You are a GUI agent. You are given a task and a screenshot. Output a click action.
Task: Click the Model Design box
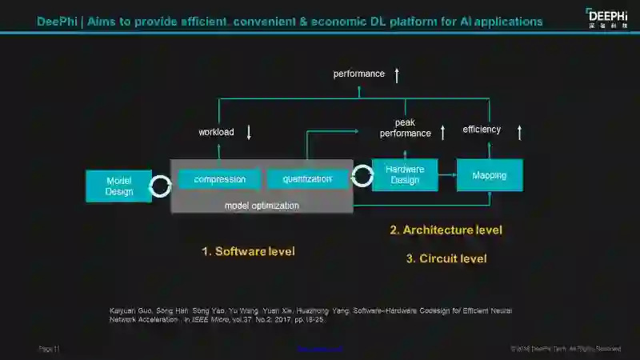118,186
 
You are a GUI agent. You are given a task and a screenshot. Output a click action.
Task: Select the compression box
219,179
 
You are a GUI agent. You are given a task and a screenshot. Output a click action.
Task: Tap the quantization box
307,179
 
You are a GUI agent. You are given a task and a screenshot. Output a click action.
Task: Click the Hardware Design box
405,174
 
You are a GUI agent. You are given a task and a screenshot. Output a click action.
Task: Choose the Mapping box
489,174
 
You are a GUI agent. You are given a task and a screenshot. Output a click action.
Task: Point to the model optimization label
262,206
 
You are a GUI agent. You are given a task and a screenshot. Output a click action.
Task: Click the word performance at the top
359,74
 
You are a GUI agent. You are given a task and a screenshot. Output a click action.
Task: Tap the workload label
216,132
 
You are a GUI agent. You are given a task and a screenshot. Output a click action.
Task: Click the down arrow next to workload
249,132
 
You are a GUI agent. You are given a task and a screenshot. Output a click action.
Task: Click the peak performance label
405,128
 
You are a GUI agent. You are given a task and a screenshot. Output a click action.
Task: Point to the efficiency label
482,130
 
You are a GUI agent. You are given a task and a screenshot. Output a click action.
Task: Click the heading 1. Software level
248,251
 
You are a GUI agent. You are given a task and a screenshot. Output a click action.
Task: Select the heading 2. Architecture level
446,230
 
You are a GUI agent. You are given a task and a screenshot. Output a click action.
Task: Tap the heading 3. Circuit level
446,258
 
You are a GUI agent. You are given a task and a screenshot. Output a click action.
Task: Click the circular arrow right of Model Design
162,186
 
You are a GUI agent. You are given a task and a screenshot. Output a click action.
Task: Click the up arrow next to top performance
397,74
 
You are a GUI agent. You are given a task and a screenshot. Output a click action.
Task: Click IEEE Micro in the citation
206,319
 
